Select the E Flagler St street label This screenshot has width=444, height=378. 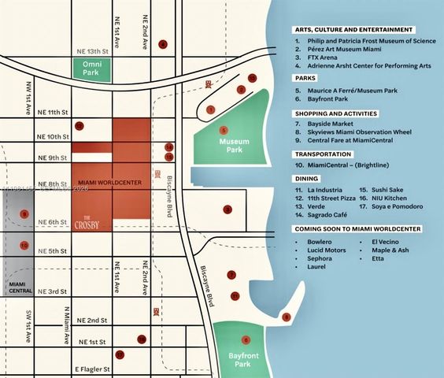tap(94, 368)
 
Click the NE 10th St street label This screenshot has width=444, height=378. tap(54, 136)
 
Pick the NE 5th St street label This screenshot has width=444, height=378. tap(54, 250)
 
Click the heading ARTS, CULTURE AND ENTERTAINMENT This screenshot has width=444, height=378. tap(355, 29)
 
